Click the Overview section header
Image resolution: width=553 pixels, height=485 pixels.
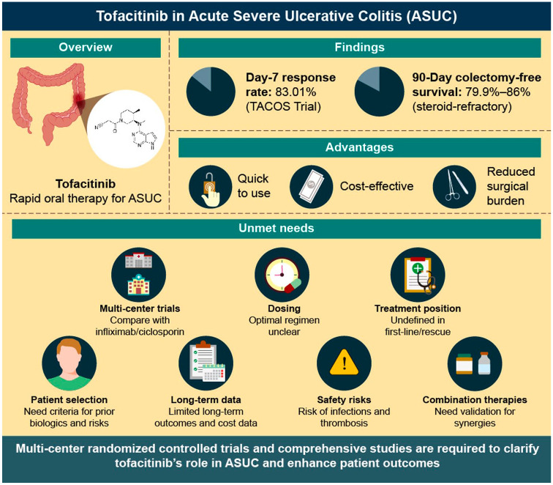(x=85, y=48)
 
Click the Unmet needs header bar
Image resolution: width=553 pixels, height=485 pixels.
(x=276, y=229)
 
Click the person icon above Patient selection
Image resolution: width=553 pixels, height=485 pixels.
(x=68, y=365)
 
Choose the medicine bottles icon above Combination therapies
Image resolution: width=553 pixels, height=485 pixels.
(x=473, y=364)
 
